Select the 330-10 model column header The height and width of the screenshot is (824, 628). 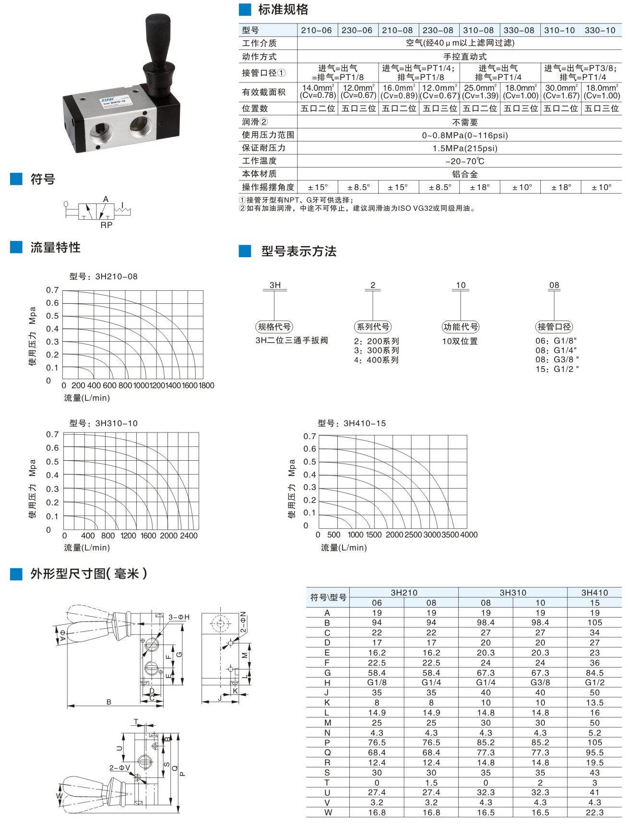tap(600, 30)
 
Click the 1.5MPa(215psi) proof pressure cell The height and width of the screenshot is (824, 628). tap(464, 148)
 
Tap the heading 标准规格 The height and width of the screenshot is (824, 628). tap(283, 10)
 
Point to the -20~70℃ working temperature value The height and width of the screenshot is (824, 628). tap(464, 161)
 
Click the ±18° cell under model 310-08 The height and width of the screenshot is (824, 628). tap(479, 187)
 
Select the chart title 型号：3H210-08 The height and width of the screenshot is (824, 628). tap(103, 276)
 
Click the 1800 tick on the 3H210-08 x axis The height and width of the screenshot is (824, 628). tap(207, 385)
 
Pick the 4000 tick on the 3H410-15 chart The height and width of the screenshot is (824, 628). tap(469, 535)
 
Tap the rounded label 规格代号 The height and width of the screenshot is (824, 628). tap(274, 327)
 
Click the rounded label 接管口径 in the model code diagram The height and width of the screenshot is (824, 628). tap(554, 327)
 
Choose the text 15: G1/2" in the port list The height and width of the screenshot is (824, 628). tap(557, 369)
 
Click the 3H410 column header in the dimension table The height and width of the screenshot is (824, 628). tap(594, 593)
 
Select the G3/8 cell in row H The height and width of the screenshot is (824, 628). tap(540, 682)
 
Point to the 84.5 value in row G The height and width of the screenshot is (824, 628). tap(594, 673)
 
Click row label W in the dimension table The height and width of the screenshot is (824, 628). tap(328, 812)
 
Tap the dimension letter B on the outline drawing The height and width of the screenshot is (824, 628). tap(109, 702)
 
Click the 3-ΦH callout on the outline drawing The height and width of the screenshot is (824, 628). tap(179, 617)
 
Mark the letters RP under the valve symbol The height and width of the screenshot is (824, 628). tap(107, 225)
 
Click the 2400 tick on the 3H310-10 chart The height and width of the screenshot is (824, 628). tap(189, 536)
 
